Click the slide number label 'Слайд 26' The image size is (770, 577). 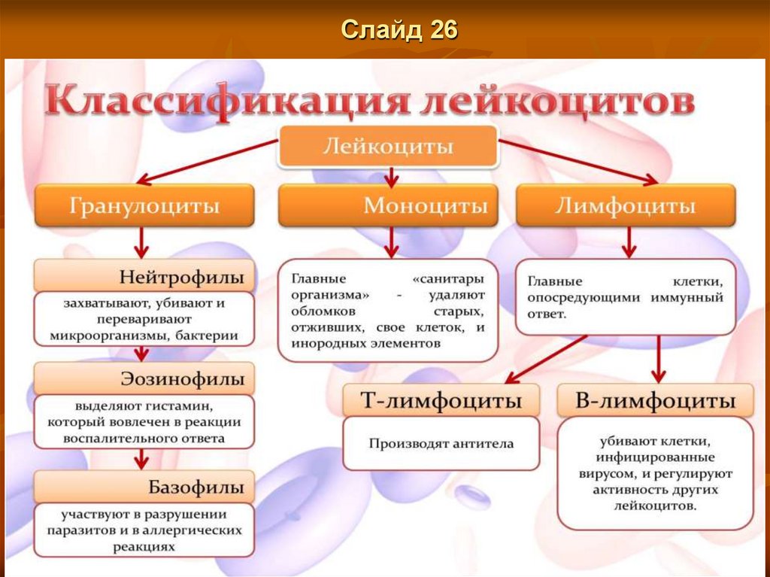click(x=399, y=30)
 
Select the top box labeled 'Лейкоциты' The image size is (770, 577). click(x=389, y=146)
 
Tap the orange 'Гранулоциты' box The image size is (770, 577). click(x=145, y=205)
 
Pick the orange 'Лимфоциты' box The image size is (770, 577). click(x=626, y=205)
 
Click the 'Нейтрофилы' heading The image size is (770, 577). click(x=181, y=277)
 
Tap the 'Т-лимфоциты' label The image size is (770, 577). click(x=441, y=401)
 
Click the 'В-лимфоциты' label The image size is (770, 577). click(x=655, y=401)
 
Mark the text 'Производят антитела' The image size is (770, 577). click(x=441, y=443)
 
